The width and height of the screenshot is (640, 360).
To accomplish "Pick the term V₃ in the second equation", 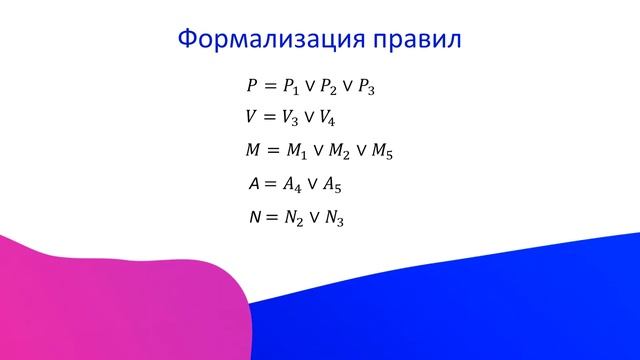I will (x=292, y=118).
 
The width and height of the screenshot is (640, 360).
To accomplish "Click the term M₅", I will (x=384, y=152).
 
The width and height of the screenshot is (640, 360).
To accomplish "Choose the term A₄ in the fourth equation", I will (x=293, y=185).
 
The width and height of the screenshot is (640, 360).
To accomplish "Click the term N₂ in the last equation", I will (x=294, y=218).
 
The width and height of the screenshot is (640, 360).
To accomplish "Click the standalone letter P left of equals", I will (x=252, y=85).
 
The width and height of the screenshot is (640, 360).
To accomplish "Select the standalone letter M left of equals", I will (x=253, y=151).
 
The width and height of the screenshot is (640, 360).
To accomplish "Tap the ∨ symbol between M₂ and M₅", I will (x=364, y=152).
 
